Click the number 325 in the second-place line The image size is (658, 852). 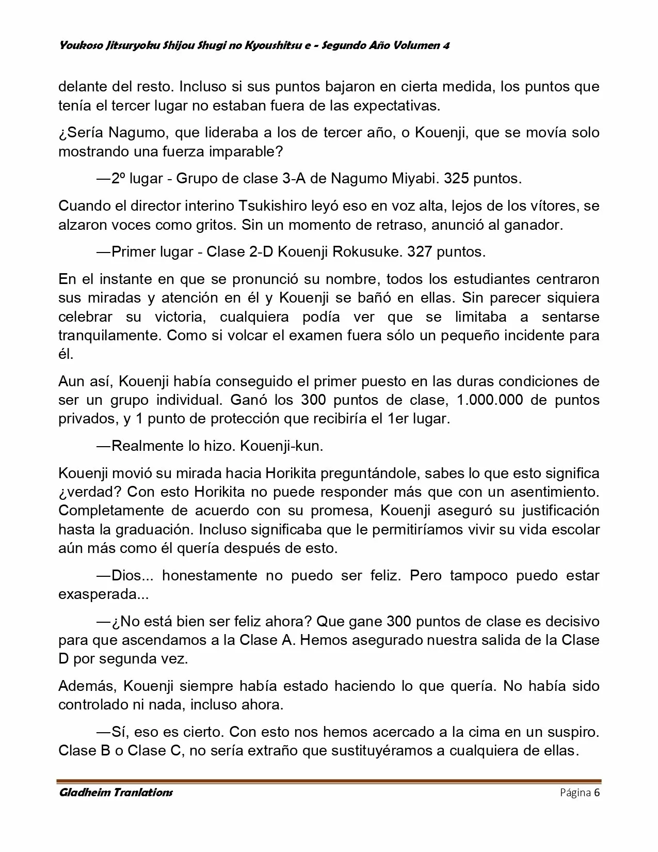[456, 179]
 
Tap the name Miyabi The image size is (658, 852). [414, 179]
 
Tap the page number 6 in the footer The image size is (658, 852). [597, 793]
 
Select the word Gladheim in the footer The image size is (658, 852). [86, 793]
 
